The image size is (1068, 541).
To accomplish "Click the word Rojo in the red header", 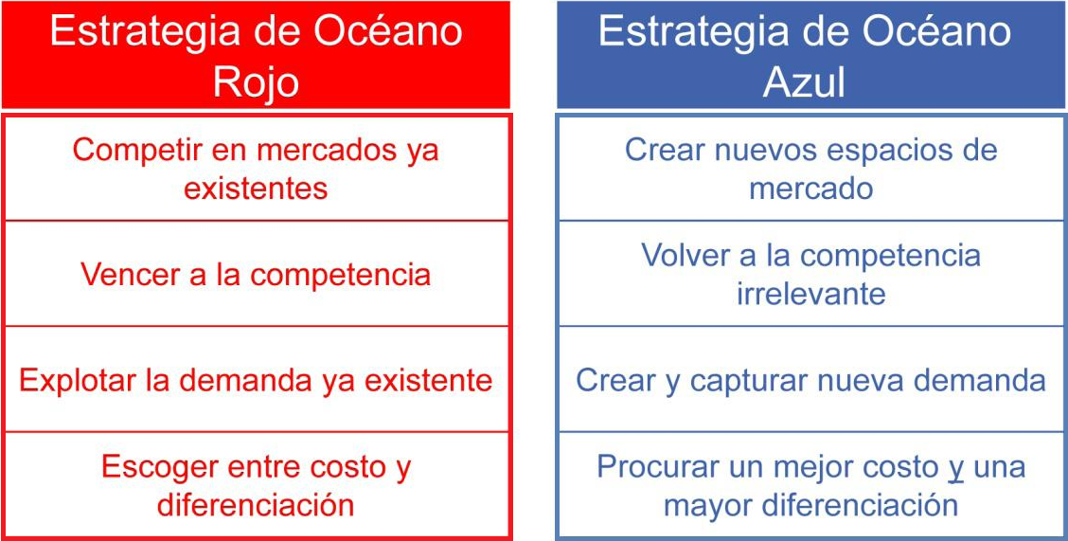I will pyautogui.click(x=256, y=81).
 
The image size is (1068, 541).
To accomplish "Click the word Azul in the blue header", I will pyautogui.click(x=804, y=81).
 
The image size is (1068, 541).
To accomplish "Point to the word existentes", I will pyautogui.click(x=256, y=188).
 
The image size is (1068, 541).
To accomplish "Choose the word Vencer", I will pyautogui.click(x=127, y=275).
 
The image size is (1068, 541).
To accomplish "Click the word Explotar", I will pyautogui.click(x=79, y=380).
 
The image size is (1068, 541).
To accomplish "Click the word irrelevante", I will pyautogui.click(x=811, y=294).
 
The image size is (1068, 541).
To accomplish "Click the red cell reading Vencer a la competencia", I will pyautogui.click(x=256, y=275).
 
